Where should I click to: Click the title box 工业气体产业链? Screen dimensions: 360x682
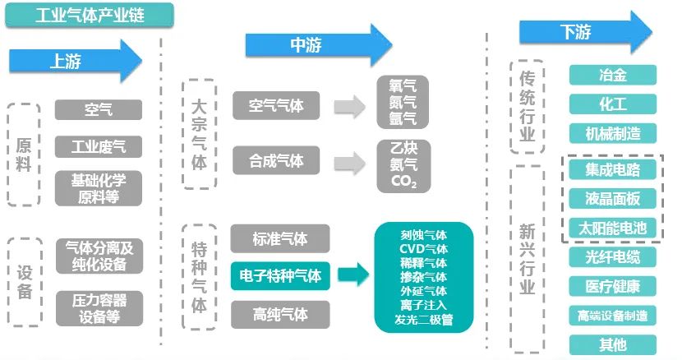coord(89,15)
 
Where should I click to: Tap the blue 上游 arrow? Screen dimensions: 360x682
coord(74,60)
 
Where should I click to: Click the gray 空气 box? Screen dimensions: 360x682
coord(98,109)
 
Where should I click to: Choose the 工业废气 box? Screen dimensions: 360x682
coord(98,147)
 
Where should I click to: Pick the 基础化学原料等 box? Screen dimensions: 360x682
coord(98,188)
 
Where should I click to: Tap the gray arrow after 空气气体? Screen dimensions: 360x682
coord(348,106)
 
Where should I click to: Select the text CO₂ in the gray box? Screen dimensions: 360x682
coord(403,181)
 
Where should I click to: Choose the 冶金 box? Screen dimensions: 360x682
coord(613,75)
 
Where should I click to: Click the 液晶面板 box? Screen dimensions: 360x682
coord(613,199)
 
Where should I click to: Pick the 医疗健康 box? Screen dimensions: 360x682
coord(613,286)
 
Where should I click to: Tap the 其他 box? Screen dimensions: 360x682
coord(613,344)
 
